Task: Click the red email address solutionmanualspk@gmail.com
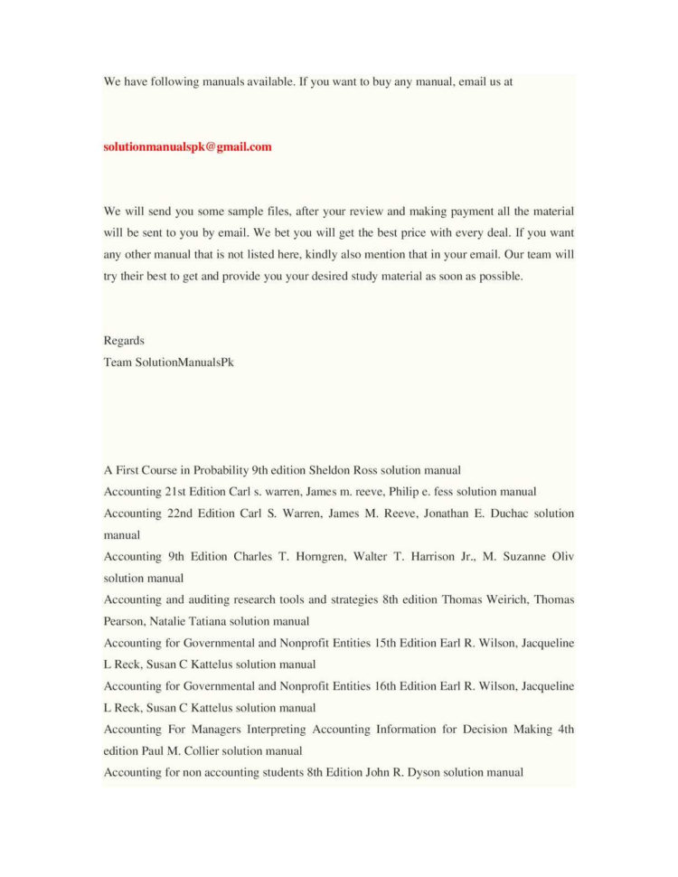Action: click(187, 146)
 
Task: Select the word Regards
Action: click(124, 341)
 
